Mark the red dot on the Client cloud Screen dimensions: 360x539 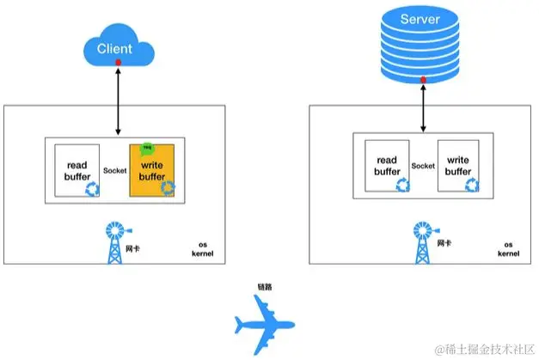118,62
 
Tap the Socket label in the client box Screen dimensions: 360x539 116,170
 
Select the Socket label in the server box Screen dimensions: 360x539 422,166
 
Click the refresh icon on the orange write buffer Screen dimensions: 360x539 168,188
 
